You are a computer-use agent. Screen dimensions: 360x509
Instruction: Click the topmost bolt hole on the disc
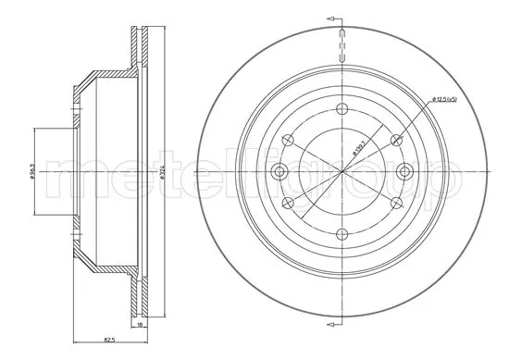pyautogui.click(x=341, y=106)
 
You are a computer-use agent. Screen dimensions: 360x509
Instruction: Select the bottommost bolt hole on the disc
pyautogui.click(x=341, y=235)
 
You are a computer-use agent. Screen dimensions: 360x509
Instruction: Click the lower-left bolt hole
pyautogui.click(x=286, y=203)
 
